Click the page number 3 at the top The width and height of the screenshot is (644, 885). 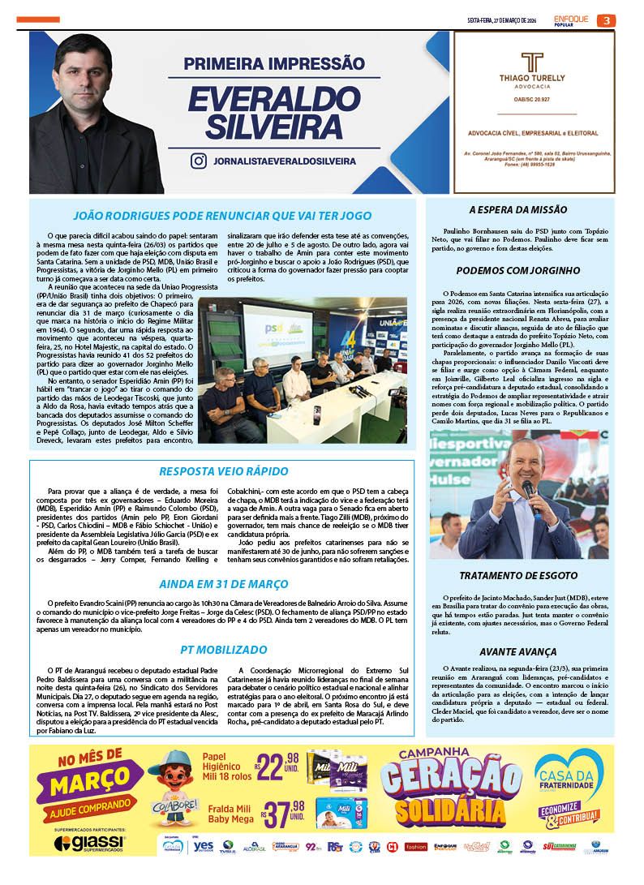[606, 20]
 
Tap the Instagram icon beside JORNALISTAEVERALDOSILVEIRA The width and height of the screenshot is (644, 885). [198, 161]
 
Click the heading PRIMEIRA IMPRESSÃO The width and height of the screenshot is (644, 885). [273, 63]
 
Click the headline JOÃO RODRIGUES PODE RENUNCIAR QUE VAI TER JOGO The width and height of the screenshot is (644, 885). [221, 216]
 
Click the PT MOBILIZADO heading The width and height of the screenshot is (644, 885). [222, 650]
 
